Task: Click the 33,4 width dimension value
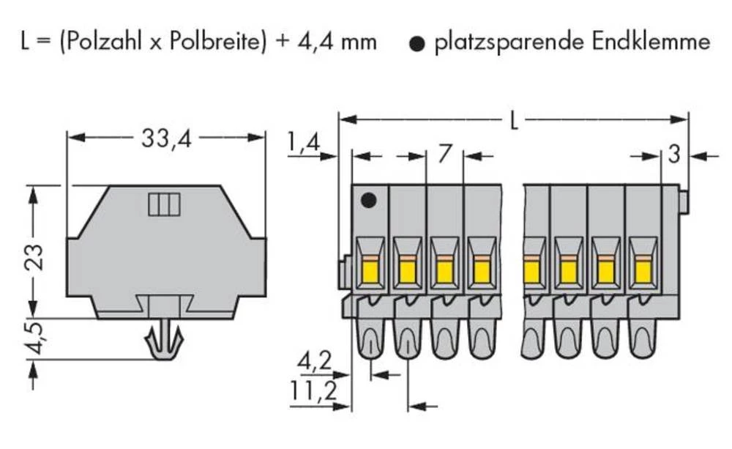(165, 138)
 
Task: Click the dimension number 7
(444, 155)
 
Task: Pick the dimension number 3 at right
(674, 155)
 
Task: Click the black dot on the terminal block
(370, 199)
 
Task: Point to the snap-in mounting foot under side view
(164, 341)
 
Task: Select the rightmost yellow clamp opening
(643, 272)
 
